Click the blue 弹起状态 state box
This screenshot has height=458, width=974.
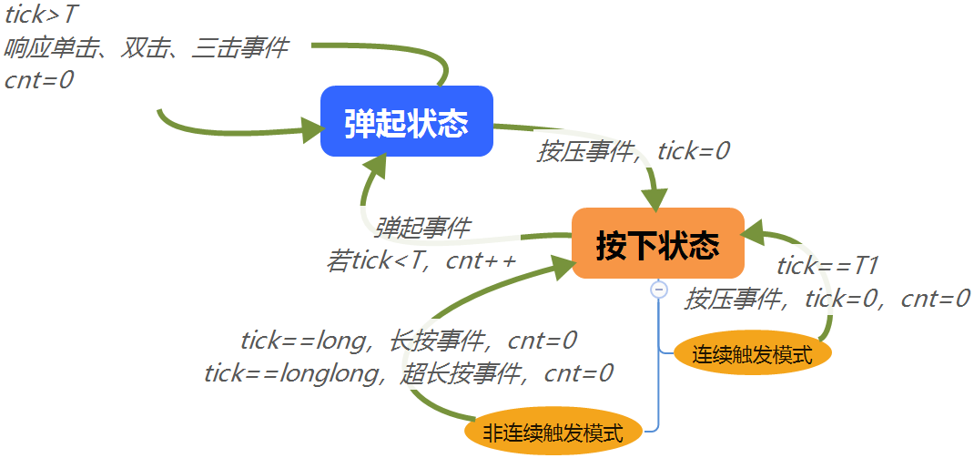[407, 121]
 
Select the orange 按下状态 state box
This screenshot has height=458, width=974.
[657, 243]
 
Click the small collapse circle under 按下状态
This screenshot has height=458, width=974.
[659, 290]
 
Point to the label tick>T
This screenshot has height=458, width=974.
[42, 15]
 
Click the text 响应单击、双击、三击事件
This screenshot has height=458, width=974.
[147, 47]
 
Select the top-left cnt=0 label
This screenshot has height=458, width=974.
[39, 79]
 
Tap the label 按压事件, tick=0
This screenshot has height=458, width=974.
[634, 151]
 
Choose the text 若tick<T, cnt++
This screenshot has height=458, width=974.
[421, 261]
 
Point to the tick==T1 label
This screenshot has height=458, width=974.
[827, 266]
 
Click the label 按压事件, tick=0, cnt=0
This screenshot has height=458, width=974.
[827, 298]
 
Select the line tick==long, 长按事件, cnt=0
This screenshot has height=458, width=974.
[409, 341]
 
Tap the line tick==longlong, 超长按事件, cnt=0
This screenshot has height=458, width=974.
[409, 372]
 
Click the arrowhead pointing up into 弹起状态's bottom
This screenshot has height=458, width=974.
[374, 164]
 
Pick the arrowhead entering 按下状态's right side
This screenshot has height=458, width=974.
[755, 235]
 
